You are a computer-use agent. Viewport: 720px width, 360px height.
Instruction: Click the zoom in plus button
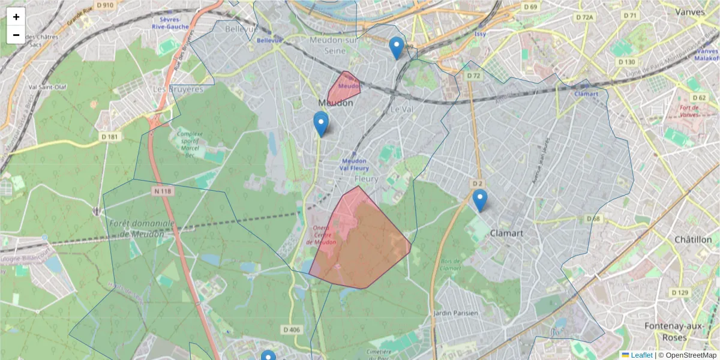16,17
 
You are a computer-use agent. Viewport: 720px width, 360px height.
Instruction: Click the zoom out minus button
16,35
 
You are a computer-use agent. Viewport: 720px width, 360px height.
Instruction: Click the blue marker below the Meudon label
321,124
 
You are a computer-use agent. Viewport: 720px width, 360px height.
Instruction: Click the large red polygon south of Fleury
360,240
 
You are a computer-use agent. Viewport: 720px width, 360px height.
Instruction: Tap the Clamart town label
506,233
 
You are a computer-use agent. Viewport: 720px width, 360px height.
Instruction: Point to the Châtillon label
692,239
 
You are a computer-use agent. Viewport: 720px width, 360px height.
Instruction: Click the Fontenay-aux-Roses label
673,331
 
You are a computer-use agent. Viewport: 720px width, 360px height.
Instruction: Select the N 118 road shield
162,191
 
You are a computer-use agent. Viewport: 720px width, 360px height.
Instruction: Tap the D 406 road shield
291,329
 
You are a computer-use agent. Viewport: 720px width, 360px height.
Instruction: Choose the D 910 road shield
104,5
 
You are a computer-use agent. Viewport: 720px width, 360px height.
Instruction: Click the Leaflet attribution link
641,355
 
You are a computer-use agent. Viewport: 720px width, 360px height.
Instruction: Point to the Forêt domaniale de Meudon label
142,229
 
